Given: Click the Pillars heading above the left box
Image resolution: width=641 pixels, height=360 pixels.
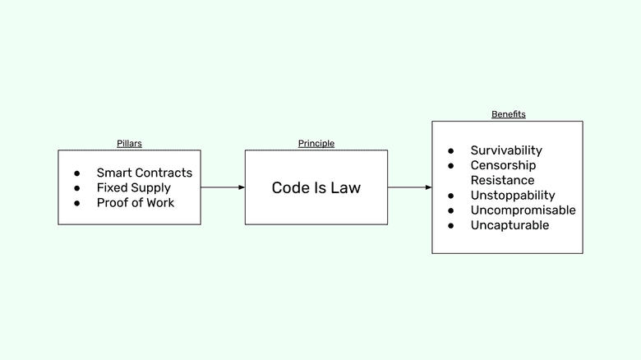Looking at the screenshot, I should [129, 144].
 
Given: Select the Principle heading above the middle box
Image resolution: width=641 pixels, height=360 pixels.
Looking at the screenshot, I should [316, 144].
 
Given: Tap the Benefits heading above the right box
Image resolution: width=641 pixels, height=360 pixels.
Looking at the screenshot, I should [508, 114].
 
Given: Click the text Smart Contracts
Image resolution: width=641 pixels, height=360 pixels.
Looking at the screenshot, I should [144, 173].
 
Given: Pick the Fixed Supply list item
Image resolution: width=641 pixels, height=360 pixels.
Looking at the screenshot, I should [133, 187].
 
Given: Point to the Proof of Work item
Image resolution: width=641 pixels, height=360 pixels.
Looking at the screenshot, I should [136, 202].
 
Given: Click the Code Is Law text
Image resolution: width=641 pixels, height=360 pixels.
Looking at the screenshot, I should [316, 188].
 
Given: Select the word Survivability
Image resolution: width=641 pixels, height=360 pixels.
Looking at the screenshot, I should [506, 150].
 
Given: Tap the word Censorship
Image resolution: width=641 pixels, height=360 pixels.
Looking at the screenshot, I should [503, 165].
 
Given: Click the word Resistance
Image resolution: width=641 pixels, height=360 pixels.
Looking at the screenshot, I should [502, 180].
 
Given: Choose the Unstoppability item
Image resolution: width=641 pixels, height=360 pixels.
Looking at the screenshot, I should [513, 195].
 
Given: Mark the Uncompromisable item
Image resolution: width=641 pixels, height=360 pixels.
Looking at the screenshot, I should [523, 210].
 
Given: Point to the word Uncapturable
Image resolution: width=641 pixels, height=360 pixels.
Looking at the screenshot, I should [510, 224].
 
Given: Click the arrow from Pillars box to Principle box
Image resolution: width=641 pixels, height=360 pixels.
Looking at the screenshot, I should [223, 187].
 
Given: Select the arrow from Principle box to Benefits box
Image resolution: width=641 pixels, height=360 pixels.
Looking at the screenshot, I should [410, 187].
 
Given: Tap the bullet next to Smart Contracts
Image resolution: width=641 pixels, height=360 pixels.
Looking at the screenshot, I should [77, 173].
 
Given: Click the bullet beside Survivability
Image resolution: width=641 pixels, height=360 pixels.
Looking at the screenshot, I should [451, 151].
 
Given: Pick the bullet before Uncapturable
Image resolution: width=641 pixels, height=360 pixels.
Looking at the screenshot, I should [451, 225].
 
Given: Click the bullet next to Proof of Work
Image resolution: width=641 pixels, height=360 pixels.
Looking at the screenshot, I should [77, 203].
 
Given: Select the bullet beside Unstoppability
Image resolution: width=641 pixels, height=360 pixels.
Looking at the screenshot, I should [451, 196].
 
